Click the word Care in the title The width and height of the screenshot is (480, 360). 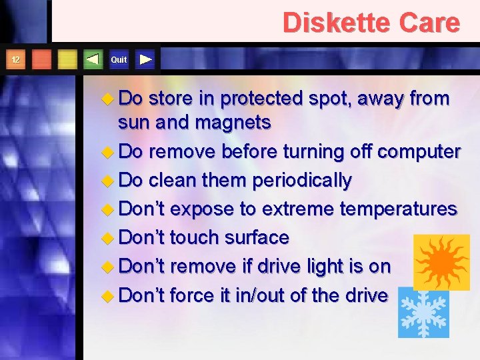click(x=430, y=23)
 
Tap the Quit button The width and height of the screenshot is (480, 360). click(x=119, y=60)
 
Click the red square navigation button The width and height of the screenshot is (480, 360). click(x=41, y=60)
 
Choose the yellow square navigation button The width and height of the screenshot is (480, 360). click(x=67, y=60)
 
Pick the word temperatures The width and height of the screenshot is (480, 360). click(x=398, y=209)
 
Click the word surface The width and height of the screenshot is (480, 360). click(x=257, y=238)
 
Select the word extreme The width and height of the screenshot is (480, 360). click(x=298, y=209)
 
